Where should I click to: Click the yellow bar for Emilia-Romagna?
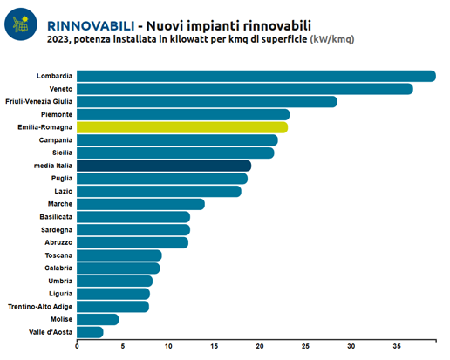coord(182,127)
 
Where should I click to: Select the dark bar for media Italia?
coord(164,166)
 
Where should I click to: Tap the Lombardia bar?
coord(256,76)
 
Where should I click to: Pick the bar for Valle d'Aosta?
coord(90,332)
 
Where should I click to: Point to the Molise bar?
coord(98,319)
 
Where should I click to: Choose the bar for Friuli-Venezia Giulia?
coord(207,102)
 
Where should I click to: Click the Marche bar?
coord(140,204)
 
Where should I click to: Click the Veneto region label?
coord(61,89)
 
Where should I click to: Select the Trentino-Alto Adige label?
coord(40,307)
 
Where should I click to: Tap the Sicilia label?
coord(62,153)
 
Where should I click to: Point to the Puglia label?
coord(62,179)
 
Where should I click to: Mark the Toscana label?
coord(58,255)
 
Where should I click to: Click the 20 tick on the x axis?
coord(260,346)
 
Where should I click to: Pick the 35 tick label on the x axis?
coord(397,346)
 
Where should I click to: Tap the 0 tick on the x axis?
coord(77,346)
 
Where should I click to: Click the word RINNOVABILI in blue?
coord(91,26)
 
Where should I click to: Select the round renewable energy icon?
coord(21,24)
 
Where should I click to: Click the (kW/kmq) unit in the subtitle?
coord(332,39)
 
